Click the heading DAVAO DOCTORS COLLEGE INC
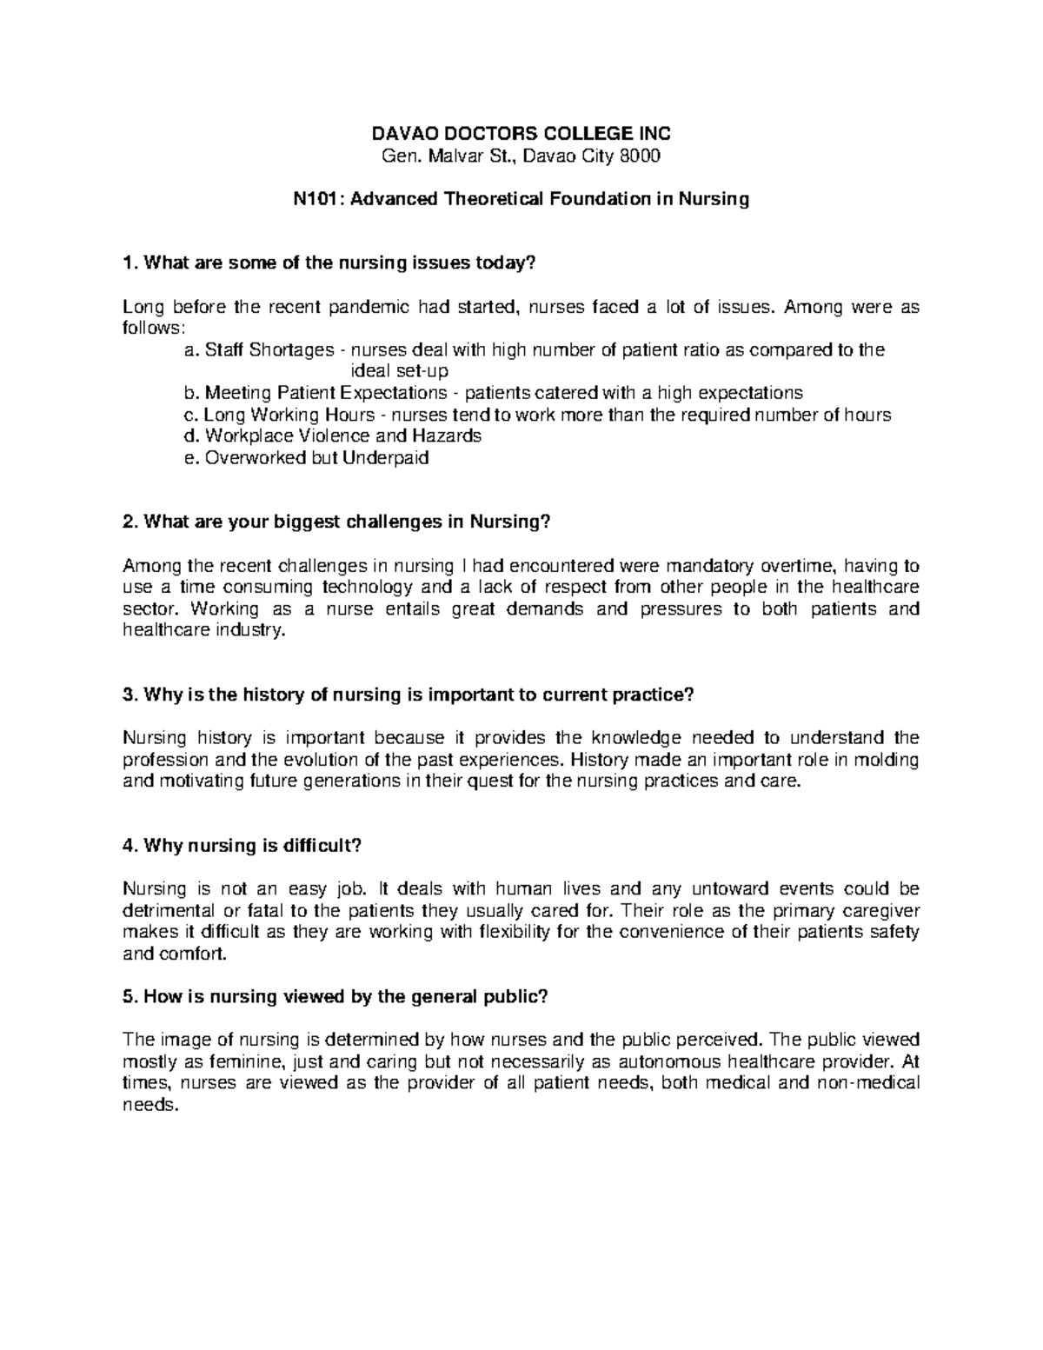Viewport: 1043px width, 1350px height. (x=521, y=133)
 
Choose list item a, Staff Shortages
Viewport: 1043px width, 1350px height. (x=269, y=349)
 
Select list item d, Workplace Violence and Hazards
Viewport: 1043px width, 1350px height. (x=333, y=436)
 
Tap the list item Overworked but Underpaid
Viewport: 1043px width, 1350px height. (x=308, y=457)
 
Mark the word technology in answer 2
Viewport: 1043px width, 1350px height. (x=388, y=587)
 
